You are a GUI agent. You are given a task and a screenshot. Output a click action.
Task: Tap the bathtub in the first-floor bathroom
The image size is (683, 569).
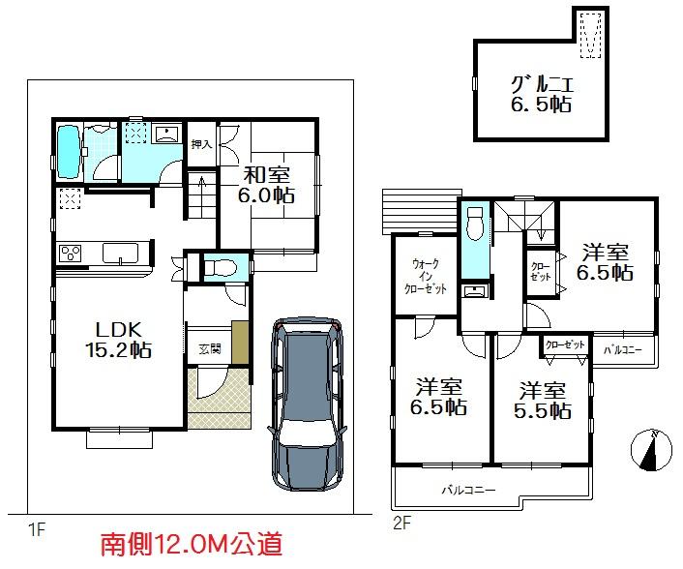pos(69,152)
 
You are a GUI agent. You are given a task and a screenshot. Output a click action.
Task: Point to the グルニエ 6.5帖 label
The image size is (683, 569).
pos(541,92)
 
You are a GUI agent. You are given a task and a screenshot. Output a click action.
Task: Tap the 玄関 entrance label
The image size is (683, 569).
pos(209,348)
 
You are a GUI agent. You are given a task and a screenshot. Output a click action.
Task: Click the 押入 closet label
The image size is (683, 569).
pos(200,145)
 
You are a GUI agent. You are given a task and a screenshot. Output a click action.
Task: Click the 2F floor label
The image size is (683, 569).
pos(401,524)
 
